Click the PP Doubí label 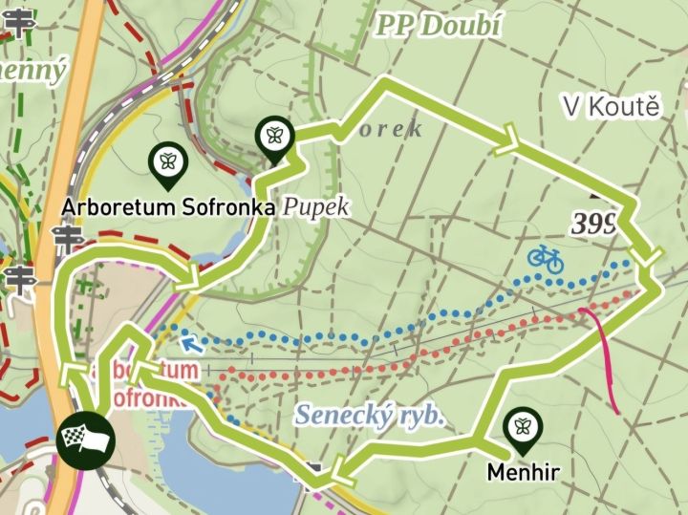[x=439, y=25]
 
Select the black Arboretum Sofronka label [x=169, y=206]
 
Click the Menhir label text [x=522, y=471]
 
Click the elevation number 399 [x=593, y=224]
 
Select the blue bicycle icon [x=545, y=257]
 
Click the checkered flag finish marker [x=85, y=440]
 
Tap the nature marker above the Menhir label [x=522, y=429]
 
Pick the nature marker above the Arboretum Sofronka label [x=168, y=162]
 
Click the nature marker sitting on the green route [x=274, y=137]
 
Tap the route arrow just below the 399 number [x=649, y=257]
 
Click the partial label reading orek [x=392, y=130]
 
